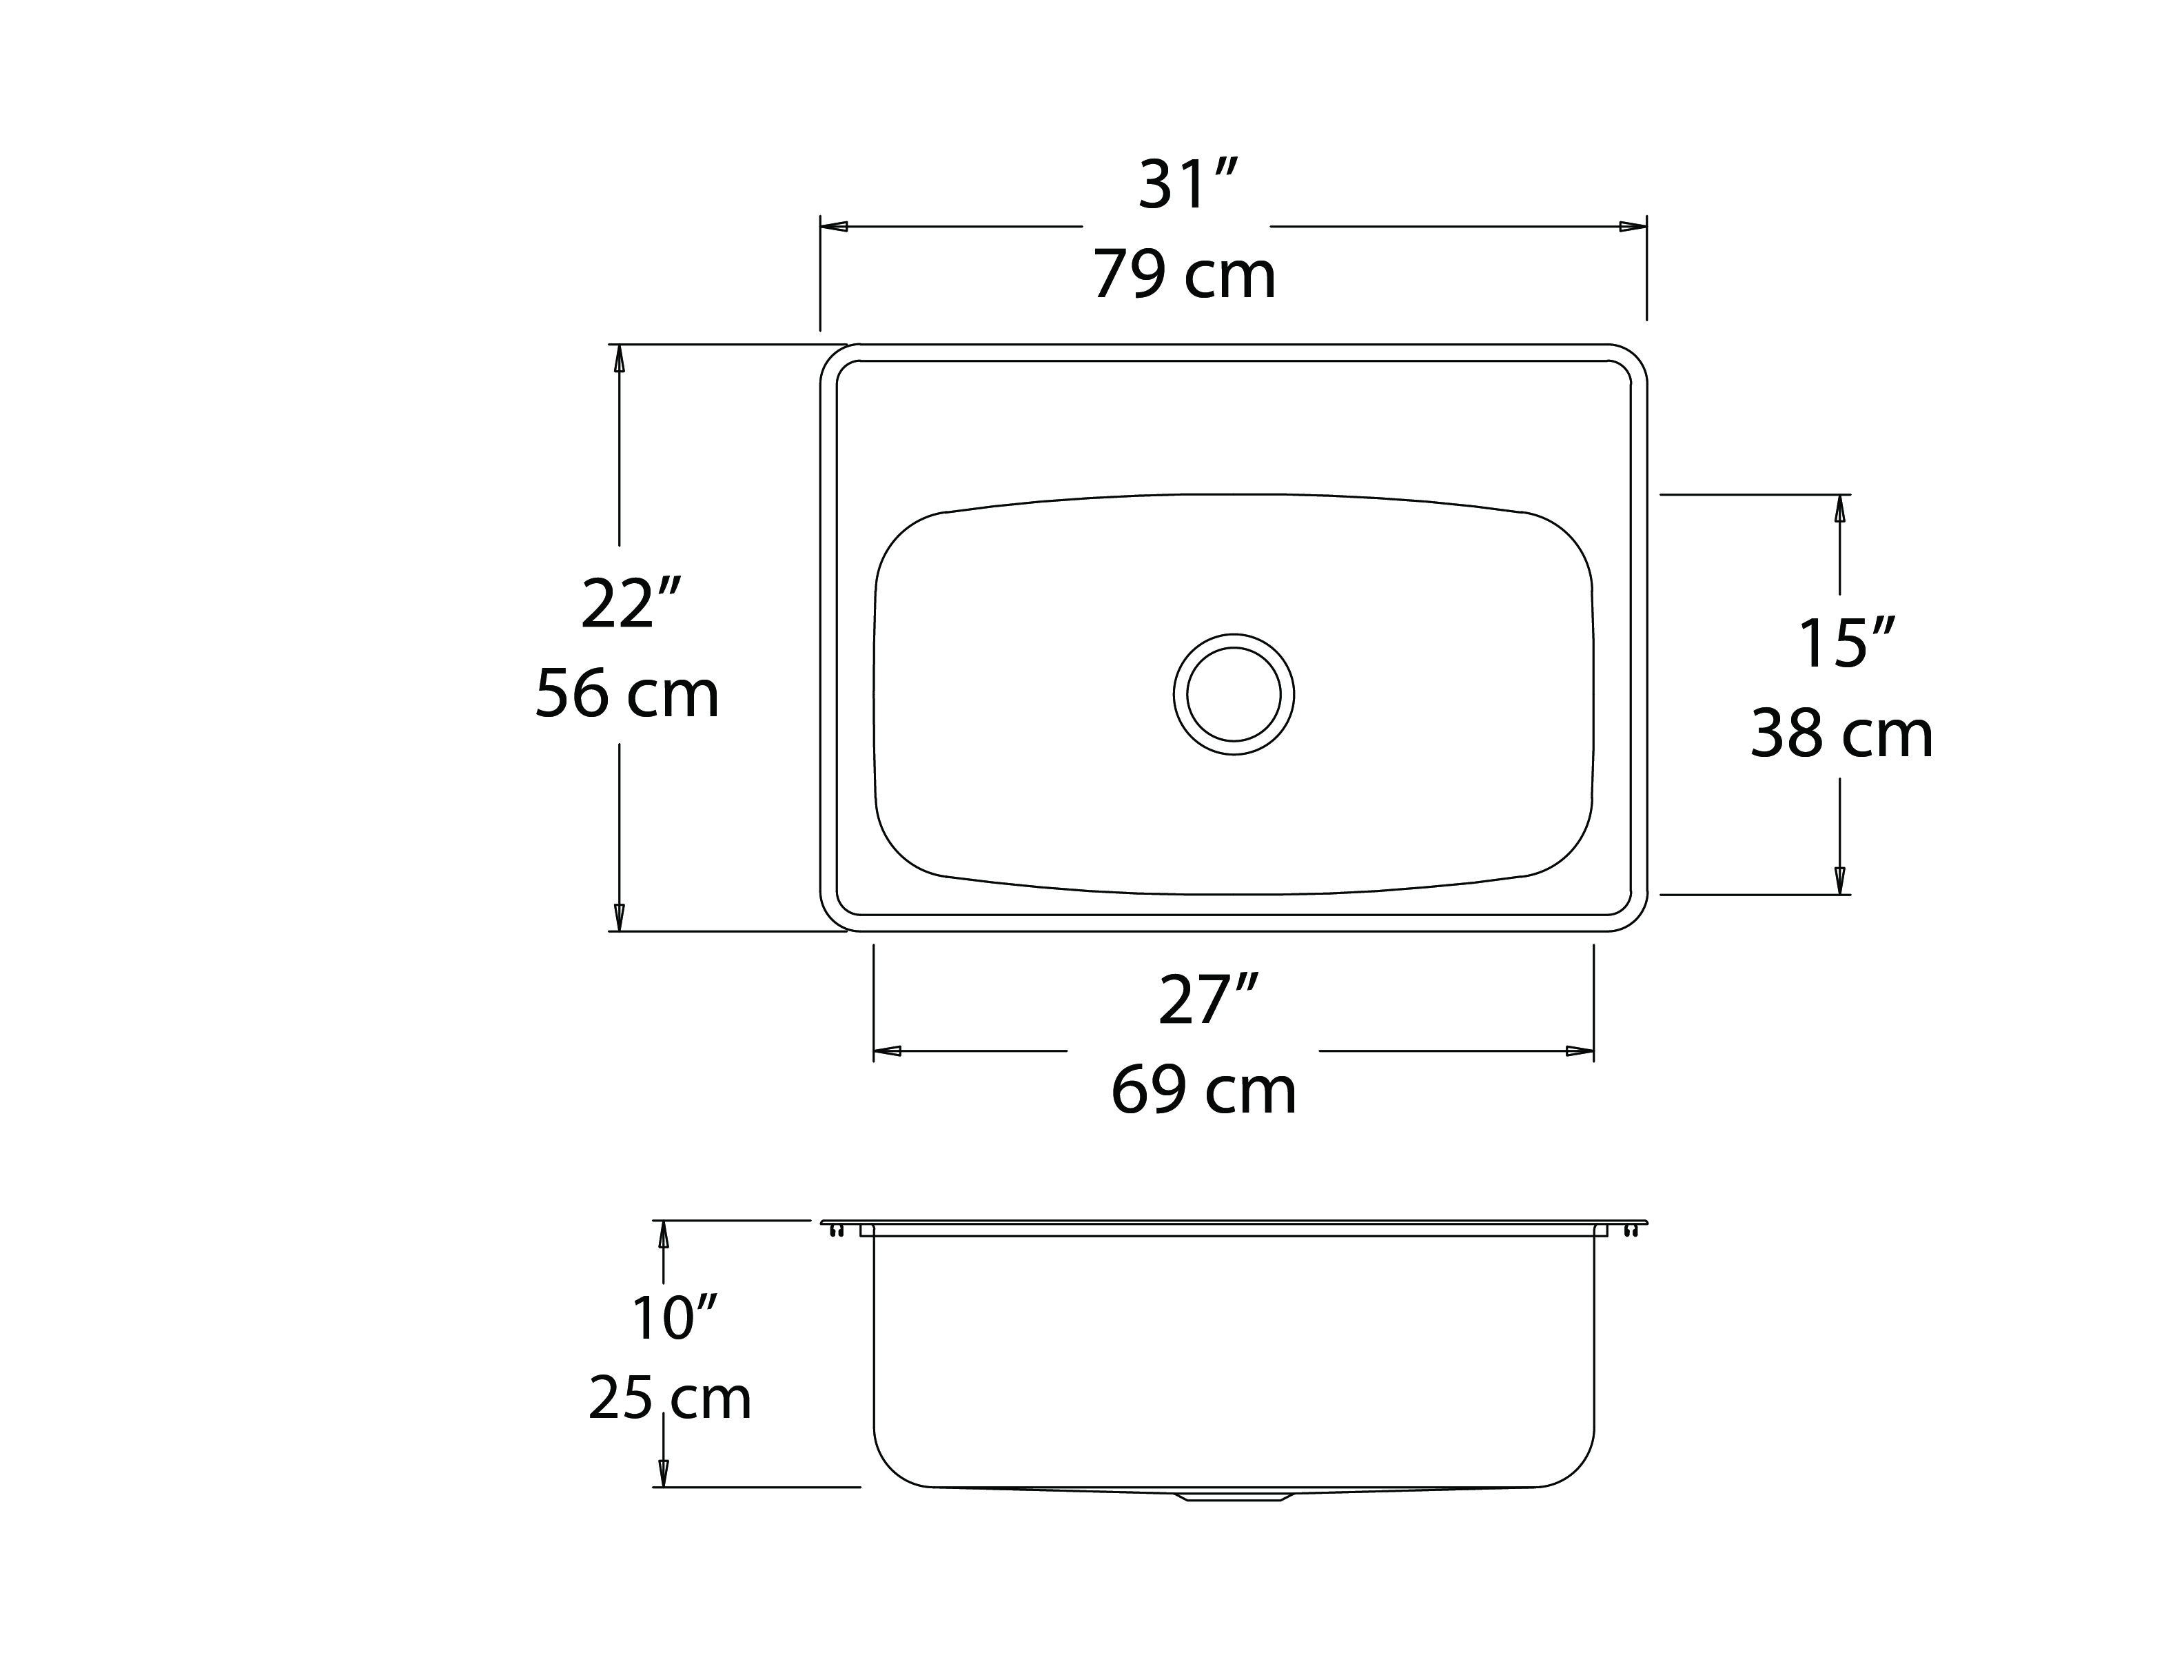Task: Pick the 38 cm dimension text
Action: [x=1841, y=734]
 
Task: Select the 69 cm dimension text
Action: [x=1203, y=1091]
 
